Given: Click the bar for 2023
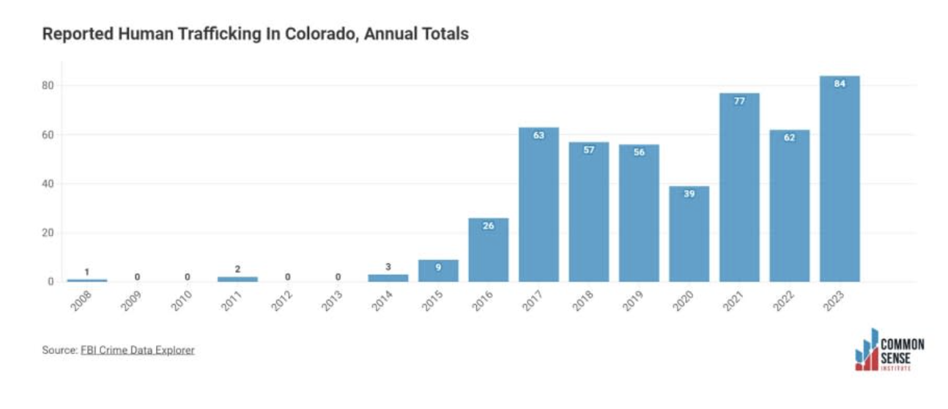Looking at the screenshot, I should pyautogui.click(x=840, y=179).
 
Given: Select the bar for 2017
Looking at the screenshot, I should pyautogui.click(x=538, y=205).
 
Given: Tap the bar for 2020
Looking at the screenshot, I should pyautogui.click(x=689, y=235).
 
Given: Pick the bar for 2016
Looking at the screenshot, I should pyautogui.click(x=489, y=250).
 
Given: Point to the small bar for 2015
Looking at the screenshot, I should pyautogui.click(x=438, y=271).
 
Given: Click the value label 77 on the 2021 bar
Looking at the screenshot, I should pyautogui.click(x=739, y=101).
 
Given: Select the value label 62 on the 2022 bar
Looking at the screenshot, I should pyautogui.click(x=789, y=138).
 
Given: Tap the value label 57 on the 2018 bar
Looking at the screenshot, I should pyautogui.click(x=589, y=150).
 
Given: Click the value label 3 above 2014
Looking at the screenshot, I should pyautogui.click(x=388, y=267).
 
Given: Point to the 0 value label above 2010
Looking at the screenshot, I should pyautogui.click(x=188, y=277).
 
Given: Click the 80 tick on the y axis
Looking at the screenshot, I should pyautogui.click(x=48, y=86).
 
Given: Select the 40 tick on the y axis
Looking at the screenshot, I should pyautogui.click(x=48, y=184).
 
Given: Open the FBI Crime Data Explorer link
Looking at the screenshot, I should pyautogui.click(x=138, y=350).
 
